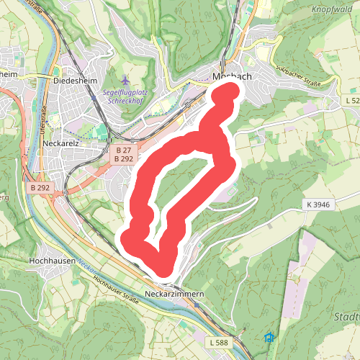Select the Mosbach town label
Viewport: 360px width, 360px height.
coord(232,77)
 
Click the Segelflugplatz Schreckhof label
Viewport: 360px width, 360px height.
coord(127,96)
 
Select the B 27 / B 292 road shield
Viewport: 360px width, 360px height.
coord(125,153)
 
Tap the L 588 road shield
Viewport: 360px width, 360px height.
coord(220,341)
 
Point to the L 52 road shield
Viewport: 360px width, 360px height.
coord(352,102)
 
